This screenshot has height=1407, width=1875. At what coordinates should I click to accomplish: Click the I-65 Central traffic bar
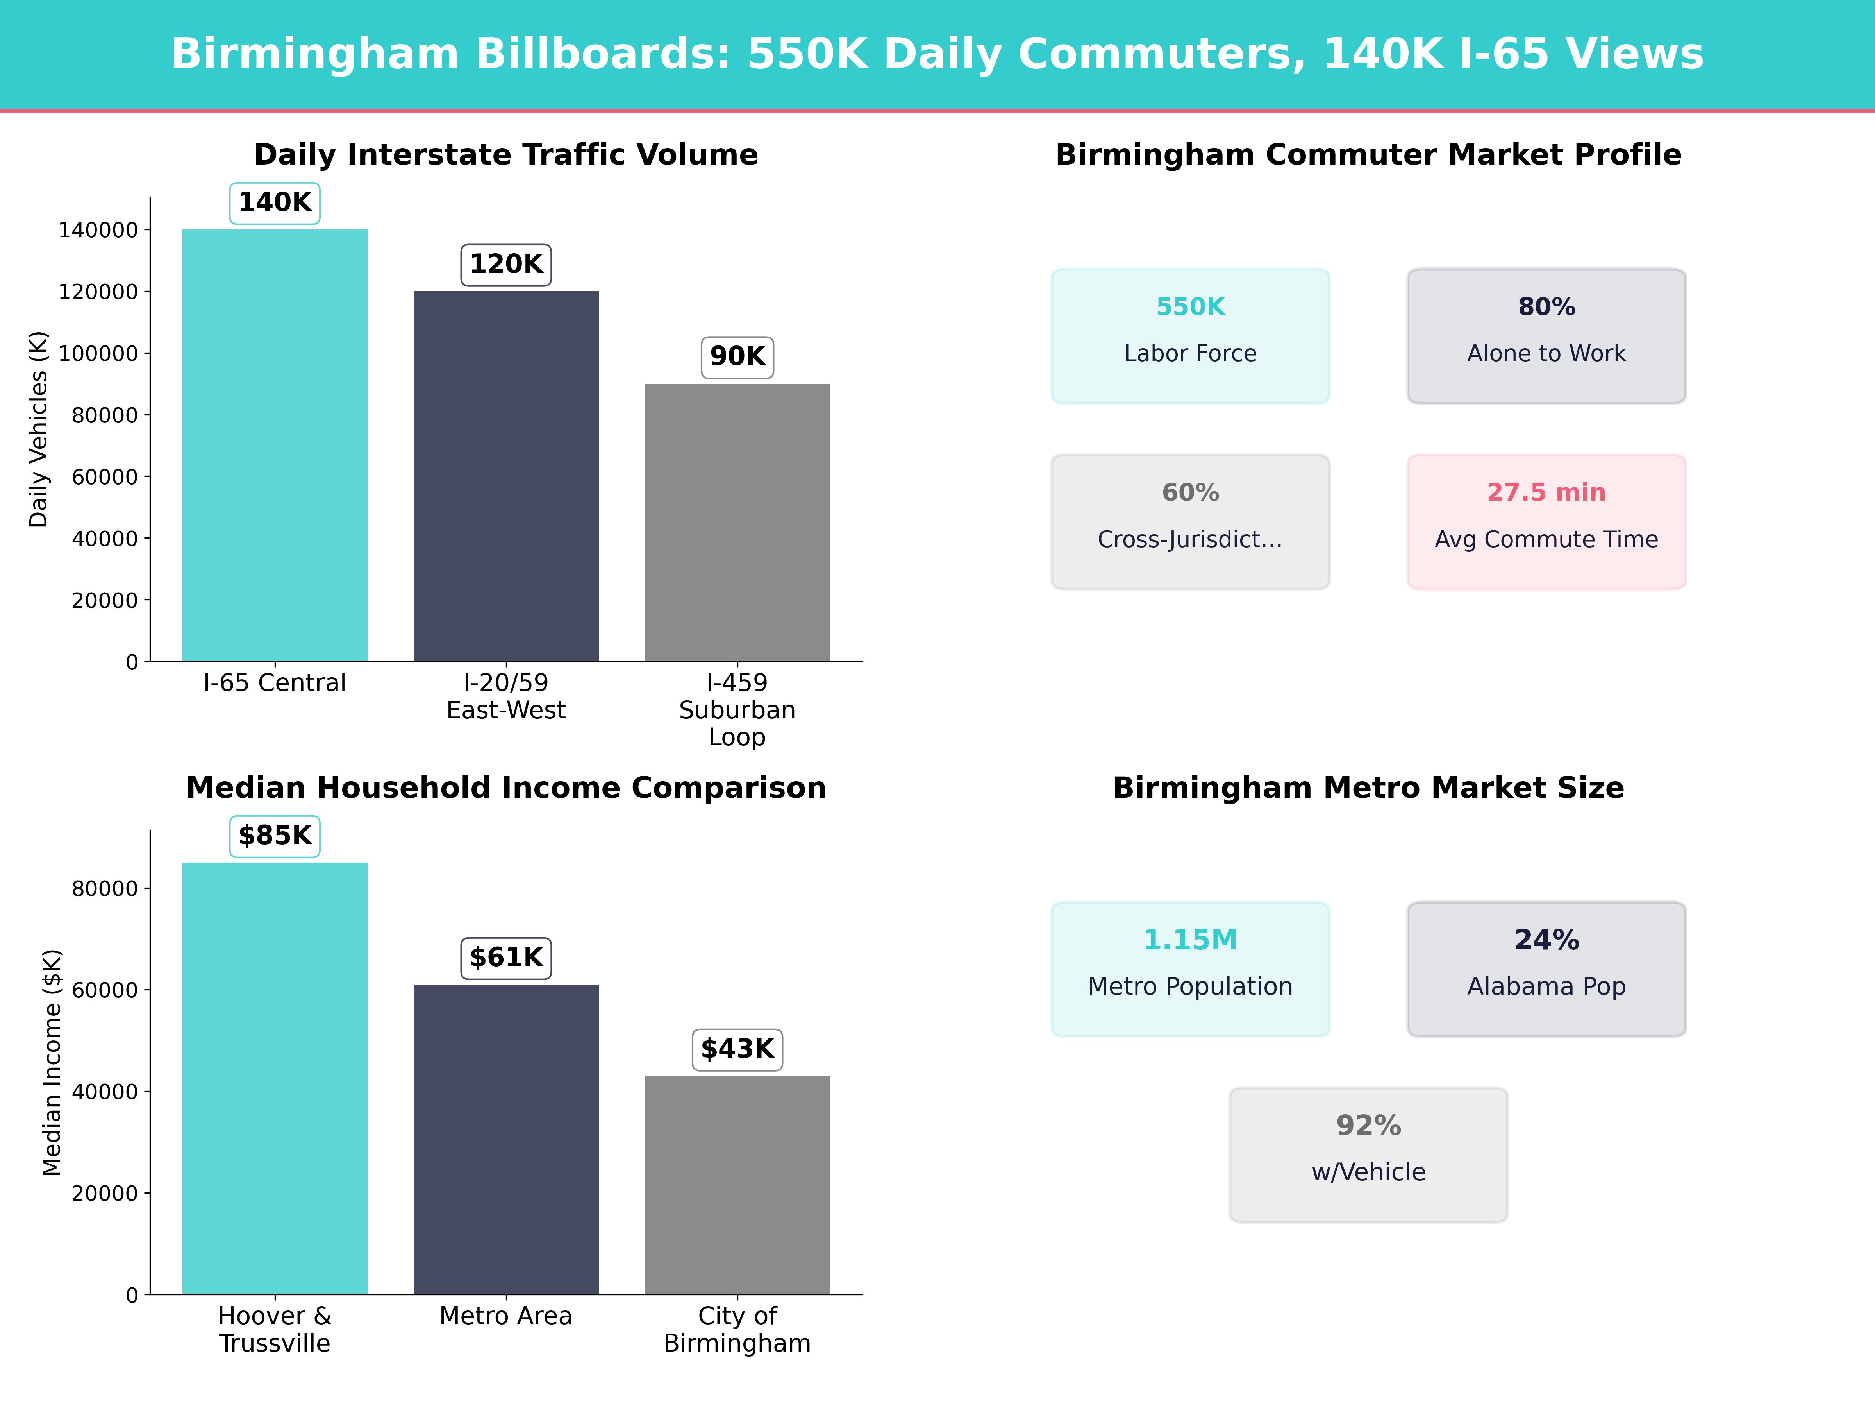(x=275, y=445)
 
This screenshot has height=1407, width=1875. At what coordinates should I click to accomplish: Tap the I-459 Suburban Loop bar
(x=737, y=523)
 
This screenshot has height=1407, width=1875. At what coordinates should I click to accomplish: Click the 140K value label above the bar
(x=275, y=203)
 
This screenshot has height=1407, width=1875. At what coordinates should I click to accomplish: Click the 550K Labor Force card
(x=1190, y=336)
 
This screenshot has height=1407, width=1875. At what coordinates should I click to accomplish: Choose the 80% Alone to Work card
(x=1546, y=336)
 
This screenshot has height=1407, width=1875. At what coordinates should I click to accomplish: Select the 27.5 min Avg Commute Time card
(x=1546, y=522)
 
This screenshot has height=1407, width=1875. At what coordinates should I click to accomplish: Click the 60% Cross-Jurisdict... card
(x=1190, y=522)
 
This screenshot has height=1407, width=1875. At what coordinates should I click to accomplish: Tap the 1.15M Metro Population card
(x=1190, y=968)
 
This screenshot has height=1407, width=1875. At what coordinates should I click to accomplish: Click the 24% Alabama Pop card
(x=1546, y=968)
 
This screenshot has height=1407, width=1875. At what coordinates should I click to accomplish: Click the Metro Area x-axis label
(x=506, y=1316)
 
